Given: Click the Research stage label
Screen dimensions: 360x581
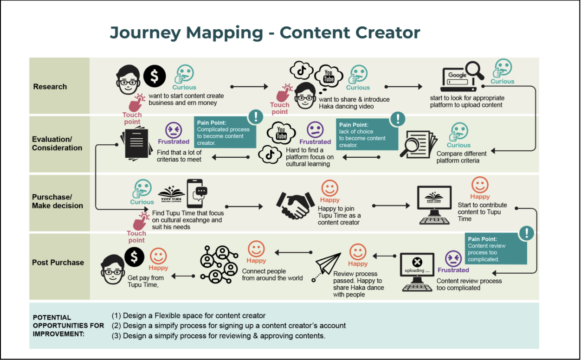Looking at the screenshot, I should pyautogui.click(x=50, y=87).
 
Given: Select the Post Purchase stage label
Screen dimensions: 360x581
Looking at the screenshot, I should pyautogui.click(x=58, y=263).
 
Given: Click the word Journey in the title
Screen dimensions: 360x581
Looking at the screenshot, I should pyautogui.click(x=146, y=33).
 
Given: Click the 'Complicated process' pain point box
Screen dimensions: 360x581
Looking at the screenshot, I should pyautogui.click(x=225, y=133).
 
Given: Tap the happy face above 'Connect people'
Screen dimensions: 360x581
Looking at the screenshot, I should pyautogui.click(x=256, y=249).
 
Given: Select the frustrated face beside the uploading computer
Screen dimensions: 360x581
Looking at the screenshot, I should pyautogui.click(x=453, y=258).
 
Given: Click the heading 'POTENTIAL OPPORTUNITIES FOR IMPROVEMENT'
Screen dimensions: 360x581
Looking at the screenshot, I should pyautogui.click(x=68, y=326).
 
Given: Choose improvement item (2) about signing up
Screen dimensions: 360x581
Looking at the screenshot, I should pyautogui.click(x=229, y=326).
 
